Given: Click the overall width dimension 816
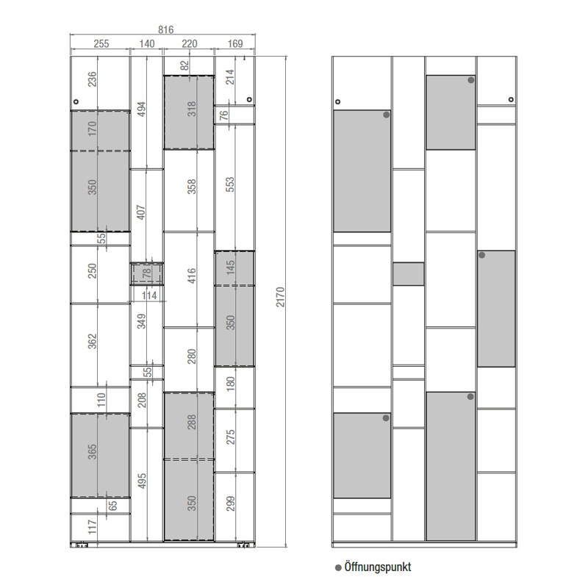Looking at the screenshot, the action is (x=166, y=29).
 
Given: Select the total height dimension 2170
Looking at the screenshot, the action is (x=281, y=297).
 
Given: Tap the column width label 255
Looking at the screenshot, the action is (x=101, y=44).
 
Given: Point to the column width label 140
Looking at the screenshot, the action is (x=147, y=44).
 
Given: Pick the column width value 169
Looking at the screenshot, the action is (x=235, y=44).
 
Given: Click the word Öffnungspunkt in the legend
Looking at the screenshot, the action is (x=378, y=567).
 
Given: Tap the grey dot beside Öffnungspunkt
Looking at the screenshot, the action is (x=338, y=567).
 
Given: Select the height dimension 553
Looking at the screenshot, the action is (x=230, y=184).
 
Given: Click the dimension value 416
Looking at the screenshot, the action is (x=192, y=276).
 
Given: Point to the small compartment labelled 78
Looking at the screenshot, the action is (x=147, y=273).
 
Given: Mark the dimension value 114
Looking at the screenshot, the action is (x=149, y=295).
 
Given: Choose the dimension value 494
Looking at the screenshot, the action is (x=141, y=109).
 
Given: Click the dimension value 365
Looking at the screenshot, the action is (x=93, y=452).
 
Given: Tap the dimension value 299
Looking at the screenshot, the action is (x=230, y=503).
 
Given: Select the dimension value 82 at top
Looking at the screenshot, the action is (x=184, y=65).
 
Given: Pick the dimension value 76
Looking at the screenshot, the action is (x=224, y=115).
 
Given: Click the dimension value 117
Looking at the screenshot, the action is (x=93, y=527).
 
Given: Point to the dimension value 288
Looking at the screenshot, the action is (x=192, y=422).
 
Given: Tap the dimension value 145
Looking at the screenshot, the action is (x=230, y=267).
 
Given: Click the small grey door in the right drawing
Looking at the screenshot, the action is (x=409, y=273).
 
